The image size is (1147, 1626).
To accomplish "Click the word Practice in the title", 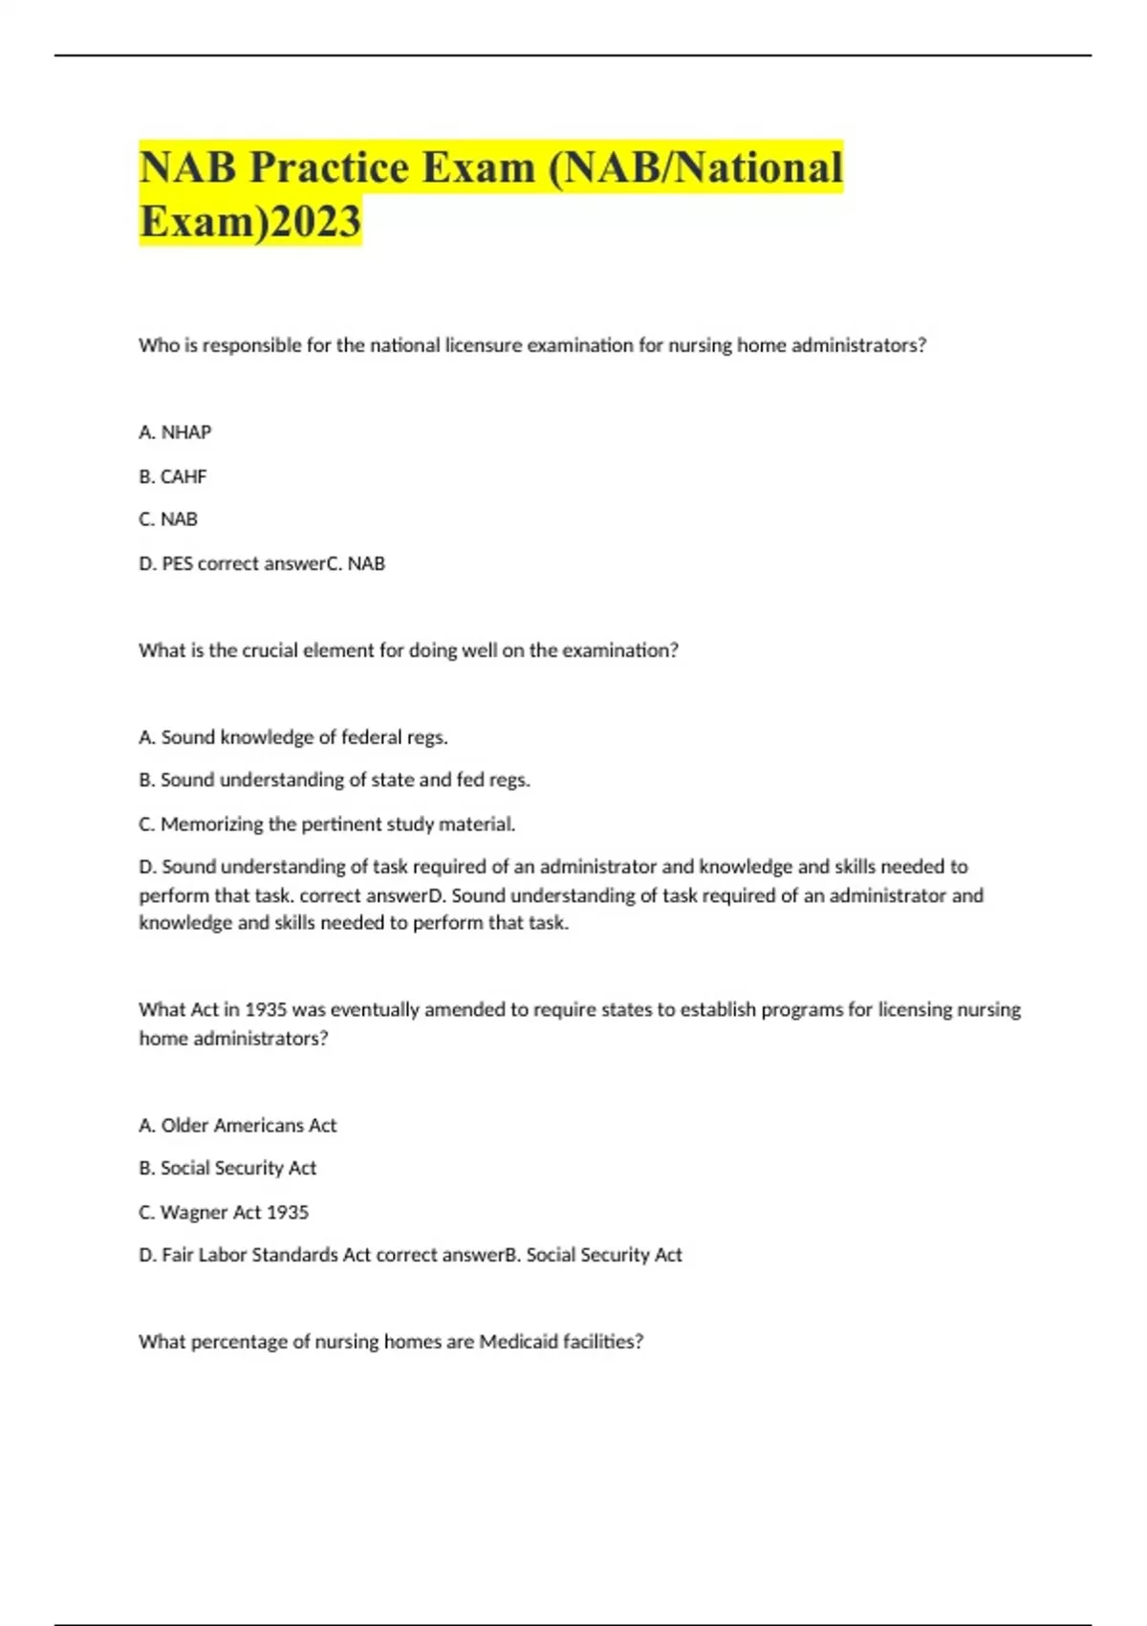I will pyautogui.click(x=331, y=167).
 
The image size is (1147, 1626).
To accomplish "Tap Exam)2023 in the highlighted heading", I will pyautogui.click(x=250, y=221).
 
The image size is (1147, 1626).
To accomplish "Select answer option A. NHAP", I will pyautogui.click(x=175, y=432).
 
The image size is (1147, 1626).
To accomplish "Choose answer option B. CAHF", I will pyautogui.click(x=173, y=476).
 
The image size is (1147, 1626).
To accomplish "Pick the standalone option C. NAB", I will pyautogui.click(x=168, y=519).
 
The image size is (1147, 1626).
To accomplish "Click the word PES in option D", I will pyautogui.click(x=177, y=563).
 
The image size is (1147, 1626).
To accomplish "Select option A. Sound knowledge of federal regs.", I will pyautogui.click(x=293, y=737).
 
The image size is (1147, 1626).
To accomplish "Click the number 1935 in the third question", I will pyautogui.click(x=266, y=1010).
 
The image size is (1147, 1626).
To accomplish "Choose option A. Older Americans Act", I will pyautogui.click(x=238, y=1126).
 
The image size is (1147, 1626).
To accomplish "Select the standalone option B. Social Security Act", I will pyautogui.click(x=227, y=1168).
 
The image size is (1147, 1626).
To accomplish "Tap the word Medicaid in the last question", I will pyautogui.click(x=518, y=1342).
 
